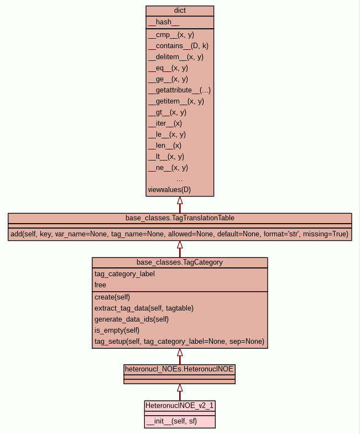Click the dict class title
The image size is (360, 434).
pos(180,11)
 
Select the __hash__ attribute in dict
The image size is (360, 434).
pos(164,22)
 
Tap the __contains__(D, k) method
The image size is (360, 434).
pos(178,45)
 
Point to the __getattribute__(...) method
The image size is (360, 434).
pos(179,90)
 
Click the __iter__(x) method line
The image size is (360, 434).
pos(165,123)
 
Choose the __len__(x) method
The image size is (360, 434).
pos(165,145)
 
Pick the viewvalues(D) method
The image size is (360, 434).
pos(169,190)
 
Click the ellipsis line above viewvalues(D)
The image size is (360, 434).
pos(180,179)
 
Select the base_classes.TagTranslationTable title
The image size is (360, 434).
pos(180,218)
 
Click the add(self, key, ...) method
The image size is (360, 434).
pos(180,234)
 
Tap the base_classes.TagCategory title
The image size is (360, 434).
pos(180,262)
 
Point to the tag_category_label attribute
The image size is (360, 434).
pos(124,273)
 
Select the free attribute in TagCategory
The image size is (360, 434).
pos(100,285)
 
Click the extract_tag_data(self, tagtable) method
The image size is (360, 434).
pos(144,308)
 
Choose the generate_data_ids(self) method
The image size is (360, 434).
pos(132,319)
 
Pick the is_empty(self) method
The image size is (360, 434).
pos(117,330)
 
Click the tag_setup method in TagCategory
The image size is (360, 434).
pos(179,341)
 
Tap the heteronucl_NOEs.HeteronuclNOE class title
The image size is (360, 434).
pos(180,368)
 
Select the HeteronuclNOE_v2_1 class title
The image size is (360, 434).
pos(180,406)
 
